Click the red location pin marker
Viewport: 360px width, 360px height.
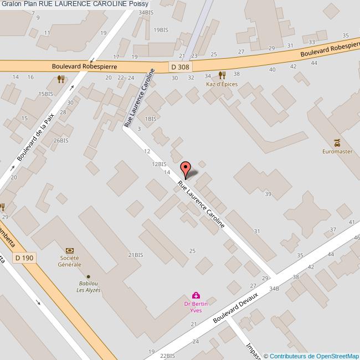[x=186, y=169]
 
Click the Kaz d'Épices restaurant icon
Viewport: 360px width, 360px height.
[x=222, y=75]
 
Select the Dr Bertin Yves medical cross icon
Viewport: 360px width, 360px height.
[x=195, y=296]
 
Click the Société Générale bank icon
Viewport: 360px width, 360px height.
[x=70, y=251]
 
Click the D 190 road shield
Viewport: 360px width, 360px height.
[x=24, y=258]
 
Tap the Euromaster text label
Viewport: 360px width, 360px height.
[x=337, y=152]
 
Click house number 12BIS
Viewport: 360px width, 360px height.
[x=159, y=164]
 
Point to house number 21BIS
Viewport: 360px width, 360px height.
[x=136, y=255]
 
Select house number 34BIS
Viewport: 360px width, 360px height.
[x=146, y=12]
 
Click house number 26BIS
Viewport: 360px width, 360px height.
[x=61, y=141]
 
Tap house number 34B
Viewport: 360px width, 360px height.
[x=274, y=289]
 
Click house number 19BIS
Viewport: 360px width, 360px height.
[x=161, y=29]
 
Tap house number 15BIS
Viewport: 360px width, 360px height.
[x=46, y=94]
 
